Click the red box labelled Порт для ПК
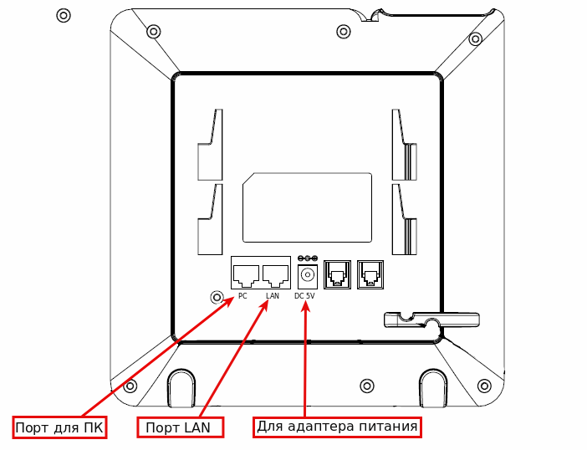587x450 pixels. (59, 427)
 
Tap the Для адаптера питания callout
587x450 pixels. (336, 427)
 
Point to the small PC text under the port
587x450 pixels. (242, 296)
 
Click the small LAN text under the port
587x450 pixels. (272, 296)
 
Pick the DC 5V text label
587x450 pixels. (304, 296)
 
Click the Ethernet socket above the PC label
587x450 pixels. (246, 273)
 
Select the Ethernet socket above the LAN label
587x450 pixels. (275, 273)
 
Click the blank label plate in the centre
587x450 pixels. (307, 207)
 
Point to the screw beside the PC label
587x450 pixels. (217, 298)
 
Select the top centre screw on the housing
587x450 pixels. (342, 31)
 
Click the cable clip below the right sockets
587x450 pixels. (431, 319)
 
